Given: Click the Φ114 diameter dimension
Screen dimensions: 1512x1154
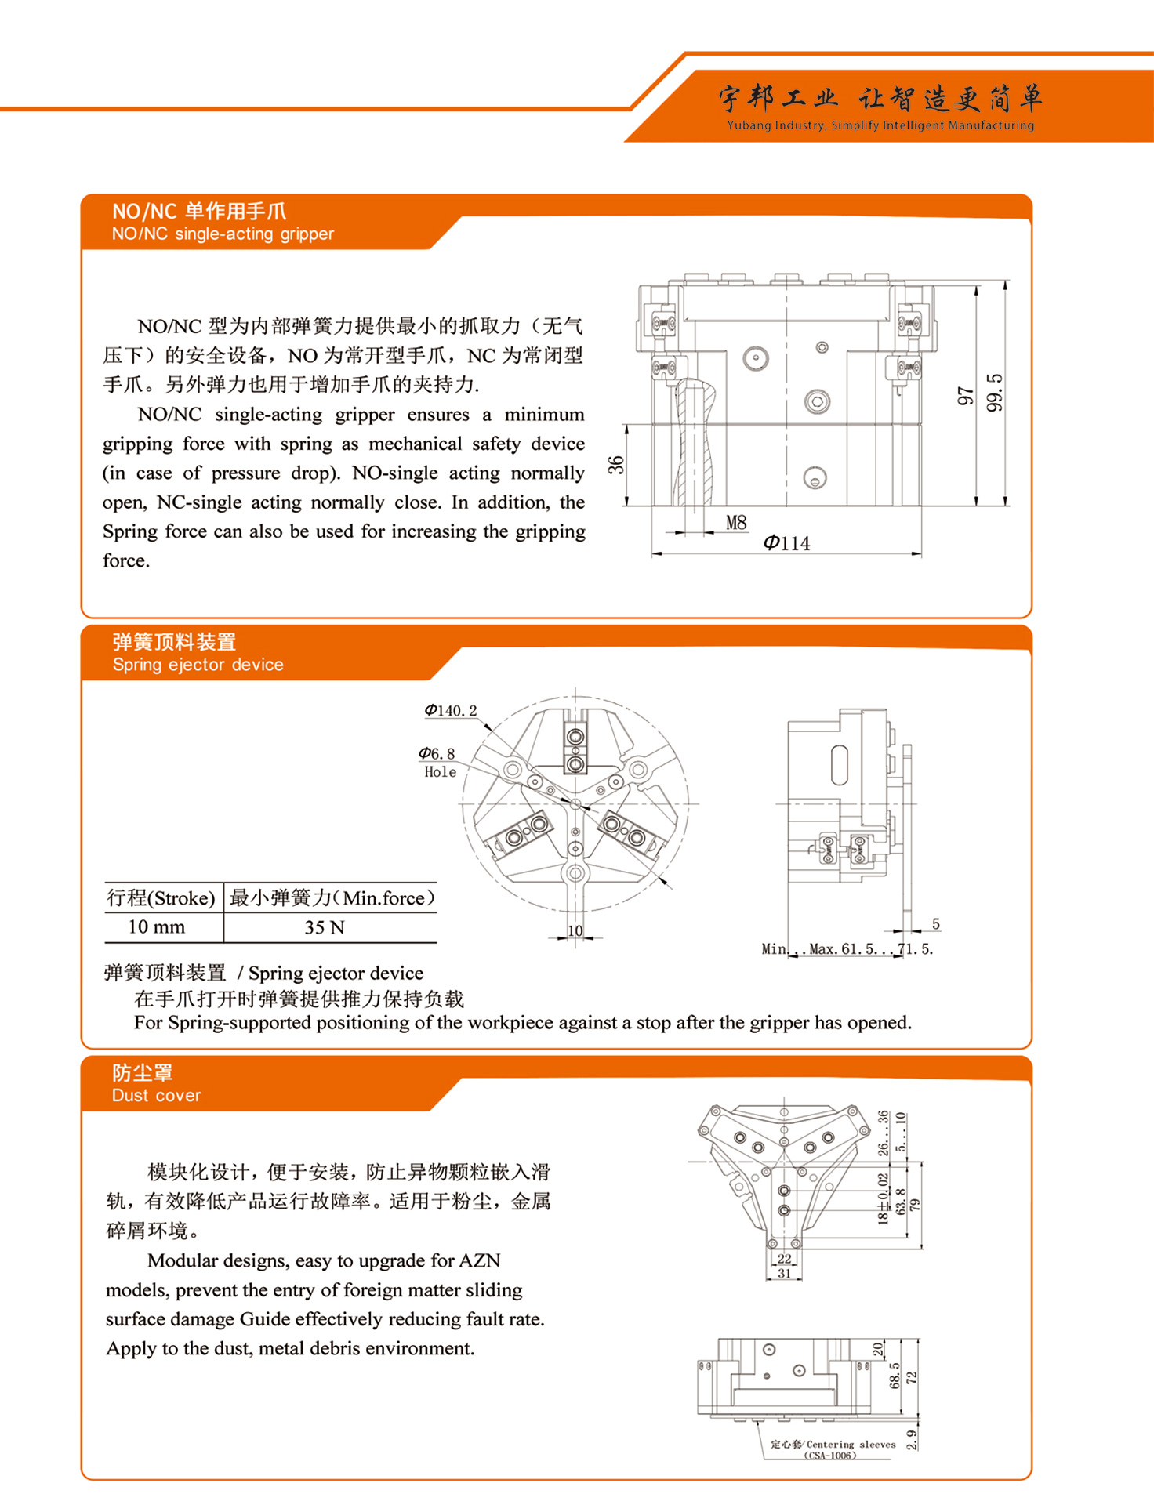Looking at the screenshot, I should coord(786,543).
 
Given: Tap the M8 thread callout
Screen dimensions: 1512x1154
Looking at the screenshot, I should coord(736,522).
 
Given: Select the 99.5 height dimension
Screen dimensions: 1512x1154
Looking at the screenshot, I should coord(994,393).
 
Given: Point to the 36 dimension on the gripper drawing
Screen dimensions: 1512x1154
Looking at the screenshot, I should coord(617,465).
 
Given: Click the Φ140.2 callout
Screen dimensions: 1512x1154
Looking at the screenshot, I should coord(450,710).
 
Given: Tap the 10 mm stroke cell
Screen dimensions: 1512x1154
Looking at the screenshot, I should coord(157,926).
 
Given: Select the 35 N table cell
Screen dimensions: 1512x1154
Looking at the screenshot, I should coord(325,927).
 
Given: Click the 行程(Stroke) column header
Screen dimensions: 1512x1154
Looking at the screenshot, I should coord(161,897).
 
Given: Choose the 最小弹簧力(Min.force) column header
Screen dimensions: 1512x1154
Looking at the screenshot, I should coord(332,897).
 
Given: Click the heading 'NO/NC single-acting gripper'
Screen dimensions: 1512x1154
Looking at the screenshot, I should coord(223,234).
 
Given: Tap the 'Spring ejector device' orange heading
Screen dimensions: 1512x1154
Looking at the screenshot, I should coord(198,665).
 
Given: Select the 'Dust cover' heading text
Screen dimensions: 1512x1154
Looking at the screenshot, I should coord(156,1095).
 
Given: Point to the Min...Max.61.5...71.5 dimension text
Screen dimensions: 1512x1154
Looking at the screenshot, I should coord(847,948).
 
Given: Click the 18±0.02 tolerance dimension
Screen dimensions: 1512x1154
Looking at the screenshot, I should coord(884,1199).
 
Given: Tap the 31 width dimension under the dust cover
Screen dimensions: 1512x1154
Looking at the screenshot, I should coord(784,1273).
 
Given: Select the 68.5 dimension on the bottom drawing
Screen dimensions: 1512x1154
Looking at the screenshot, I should coord(895,1376).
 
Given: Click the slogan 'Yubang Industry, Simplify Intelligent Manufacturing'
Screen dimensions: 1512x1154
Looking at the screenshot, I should coord(880,125).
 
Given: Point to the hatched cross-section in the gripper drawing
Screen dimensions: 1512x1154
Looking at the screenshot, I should coord(694,443).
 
